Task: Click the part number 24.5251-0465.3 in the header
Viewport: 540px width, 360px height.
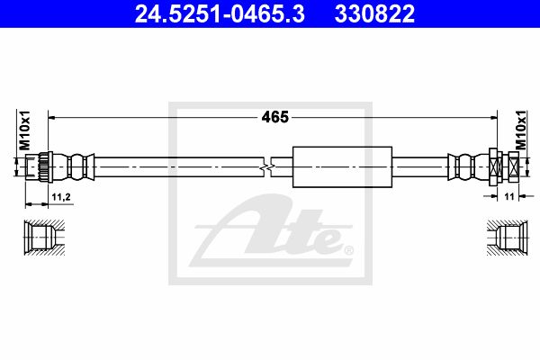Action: point(220,13)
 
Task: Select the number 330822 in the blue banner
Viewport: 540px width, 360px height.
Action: point(374,13)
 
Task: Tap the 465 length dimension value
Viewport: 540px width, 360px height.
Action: point(274,117)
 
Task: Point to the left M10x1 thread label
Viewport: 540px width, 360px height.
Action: point(24,130)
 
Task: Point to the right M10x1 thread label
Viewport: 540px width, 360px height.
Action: point(521,130)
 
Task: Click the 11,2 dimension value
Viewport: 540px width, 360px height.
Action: point(61,197)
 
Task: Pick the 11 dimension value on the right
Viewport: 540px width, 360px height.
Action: point(509,196)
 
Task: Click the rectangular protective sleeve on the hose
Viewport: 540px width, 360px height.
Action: point(342,167)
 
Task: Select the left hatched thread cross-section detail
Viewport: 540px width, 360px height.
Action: point(44,238)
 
